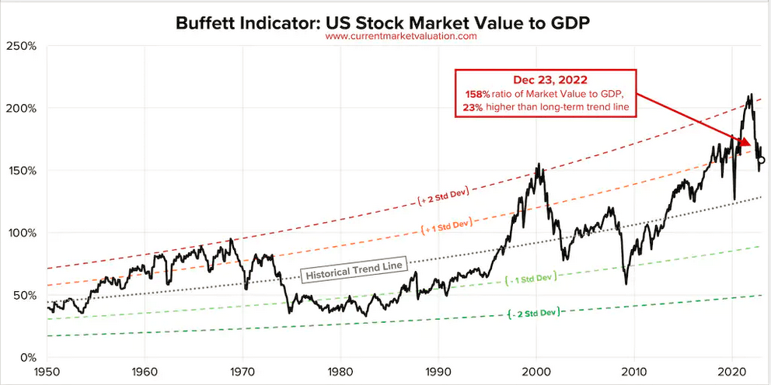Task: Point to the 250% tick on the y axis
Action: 22,46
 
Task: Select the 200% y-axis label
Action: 22,108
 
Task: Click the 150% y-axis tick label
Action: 22,171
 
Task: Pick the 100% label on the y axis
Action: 22,233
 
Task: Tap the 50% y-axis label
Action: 24,295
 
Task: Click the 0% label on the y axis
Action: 27,358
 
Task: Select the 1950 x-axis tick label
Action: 47,372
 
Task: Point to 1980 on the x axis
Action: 340,372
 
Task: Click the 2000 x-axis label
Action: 536,372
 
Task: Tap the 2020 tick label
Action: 732,372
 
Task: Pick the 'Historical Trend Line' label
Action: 354,266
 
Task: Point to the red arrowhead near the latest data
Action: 745,143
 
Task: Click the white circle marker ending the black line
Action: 761,160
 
